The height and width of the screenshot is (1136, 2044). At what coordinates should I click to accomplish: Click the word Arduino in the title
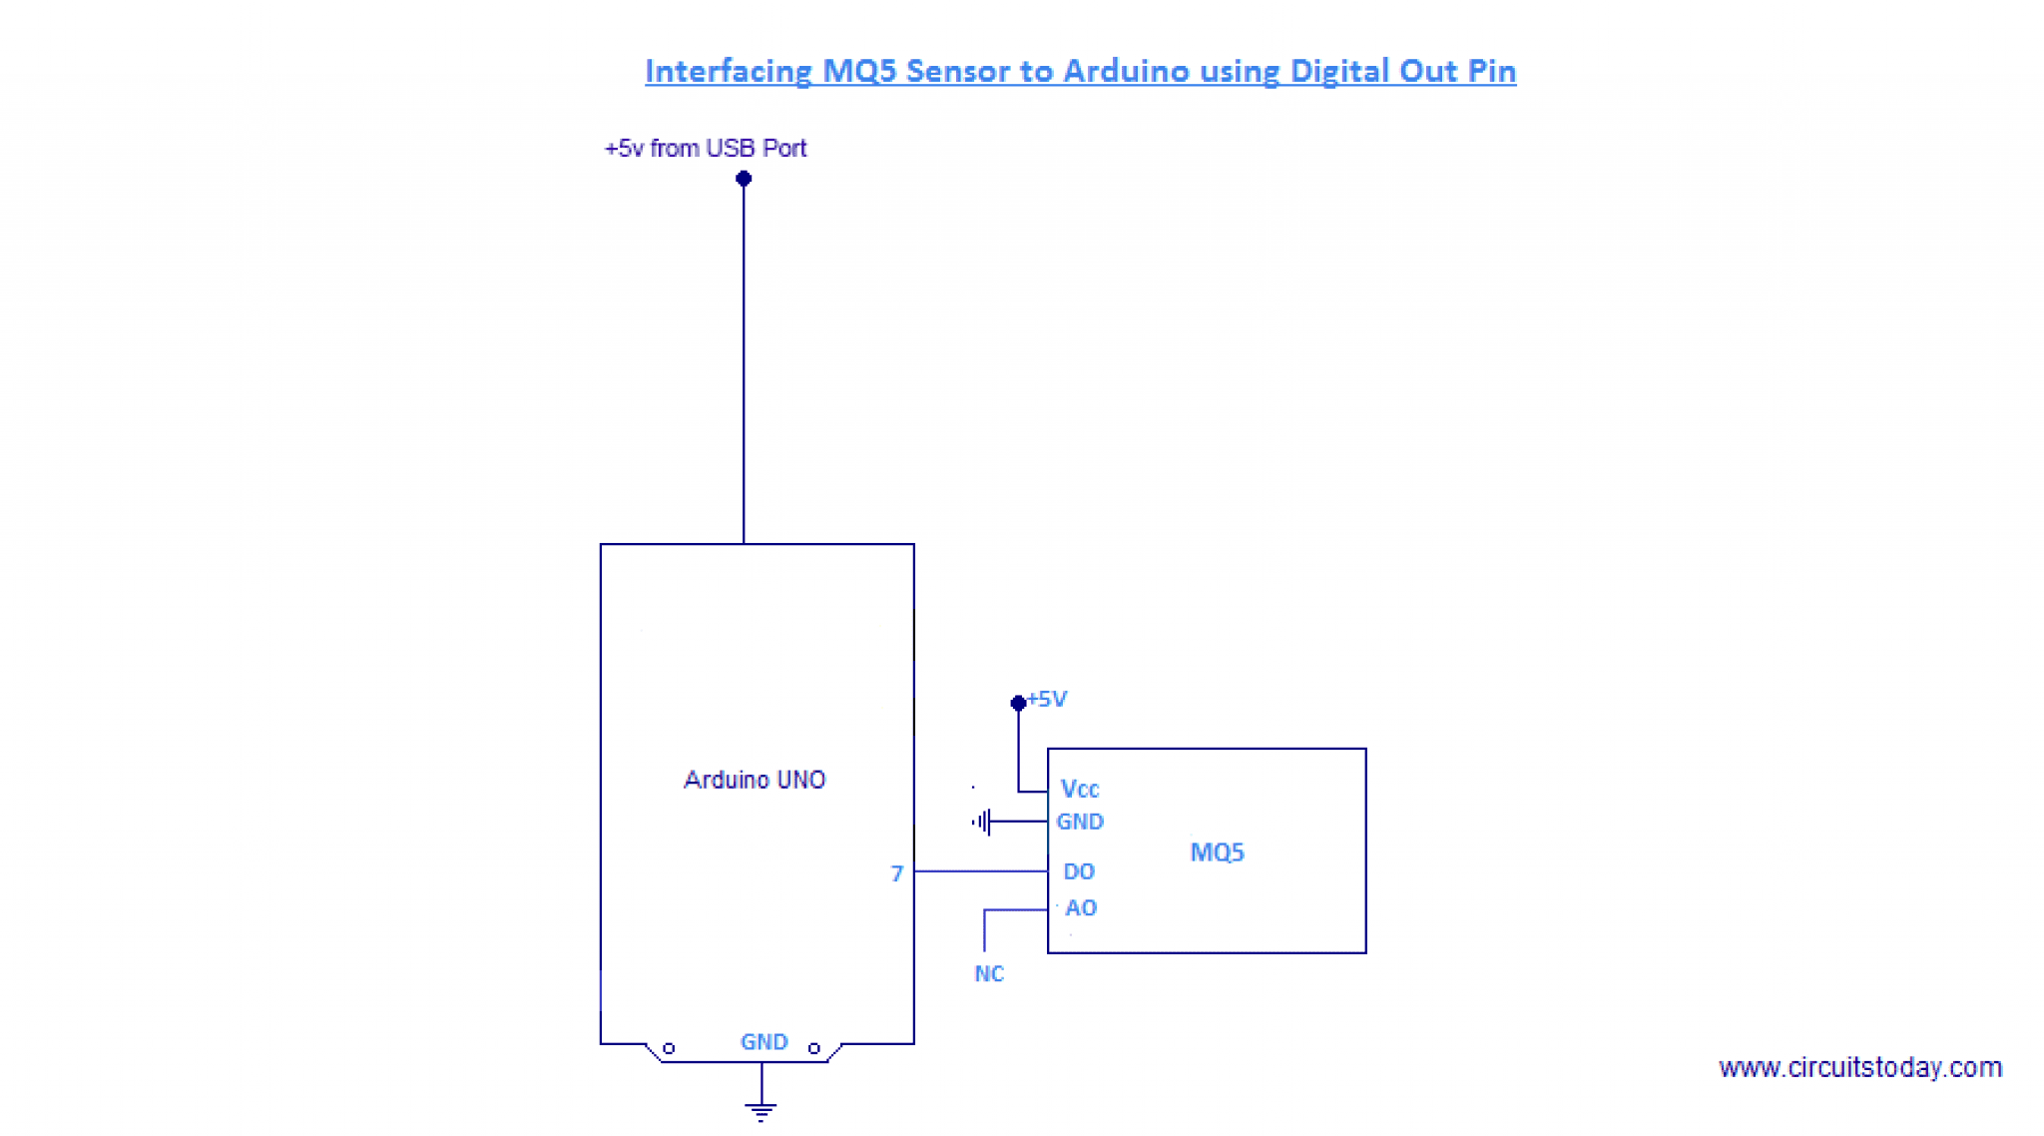[x=1125, y=71]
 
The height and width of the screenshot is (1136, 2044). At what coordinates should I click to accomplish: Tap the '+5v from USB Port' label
[x=705, y=149]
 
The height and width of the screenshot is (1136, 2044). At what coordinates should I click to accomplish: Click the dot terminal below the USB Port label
[x=744, y=179]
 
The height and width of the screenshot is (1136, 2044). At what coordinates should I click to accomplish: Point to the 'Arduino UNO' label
[x=755, y=780]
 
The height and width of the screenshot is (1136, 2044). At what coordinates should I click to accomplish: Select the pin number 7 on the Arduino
[x=896, y=874]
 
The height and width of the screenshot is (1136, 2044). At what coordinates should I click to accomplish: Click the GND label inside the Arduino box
[x=764, y=1042]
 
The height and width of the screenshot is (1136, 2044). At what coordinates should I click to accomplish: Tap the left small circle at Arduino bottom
[x=669, y=1048]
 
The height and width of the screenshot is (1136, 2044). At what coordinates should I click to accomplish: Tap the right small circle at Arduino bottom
[x=814, y=1048]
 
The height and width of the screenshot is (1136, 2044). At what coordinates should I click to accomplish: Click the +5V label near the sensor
[x=1048, y=700]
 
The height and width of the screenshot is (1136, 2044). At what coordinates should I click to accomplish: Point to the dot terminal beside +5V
[x=1018, y=704]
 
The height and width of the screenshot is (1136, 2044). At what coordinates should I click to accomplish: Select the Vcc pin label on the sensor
[x=1079, y=790]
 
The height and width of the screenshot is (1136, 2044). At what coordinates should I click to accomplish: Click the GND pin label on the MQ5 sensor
[x=1080, y=822]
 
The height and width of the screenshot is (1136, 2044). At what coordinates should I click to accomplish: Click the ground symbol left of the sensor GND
[x=982, y=822]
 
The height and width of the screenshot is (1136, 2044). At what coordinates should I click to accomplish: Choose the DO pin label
[x=1079, y=871]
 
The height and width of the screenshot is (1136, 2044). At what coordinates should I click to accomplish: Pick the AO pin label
[x=1081, y=908]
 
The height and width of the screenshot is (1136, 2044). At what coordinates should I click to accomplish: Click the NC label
[x=989, y=974]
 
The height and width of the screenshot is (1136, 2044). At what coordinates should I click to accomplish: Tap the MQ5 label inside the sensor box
[x=1217, y=852]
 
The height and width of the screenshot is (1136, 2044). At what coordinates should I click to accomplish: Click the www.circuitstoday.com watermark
[x=1859, y=1068]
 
